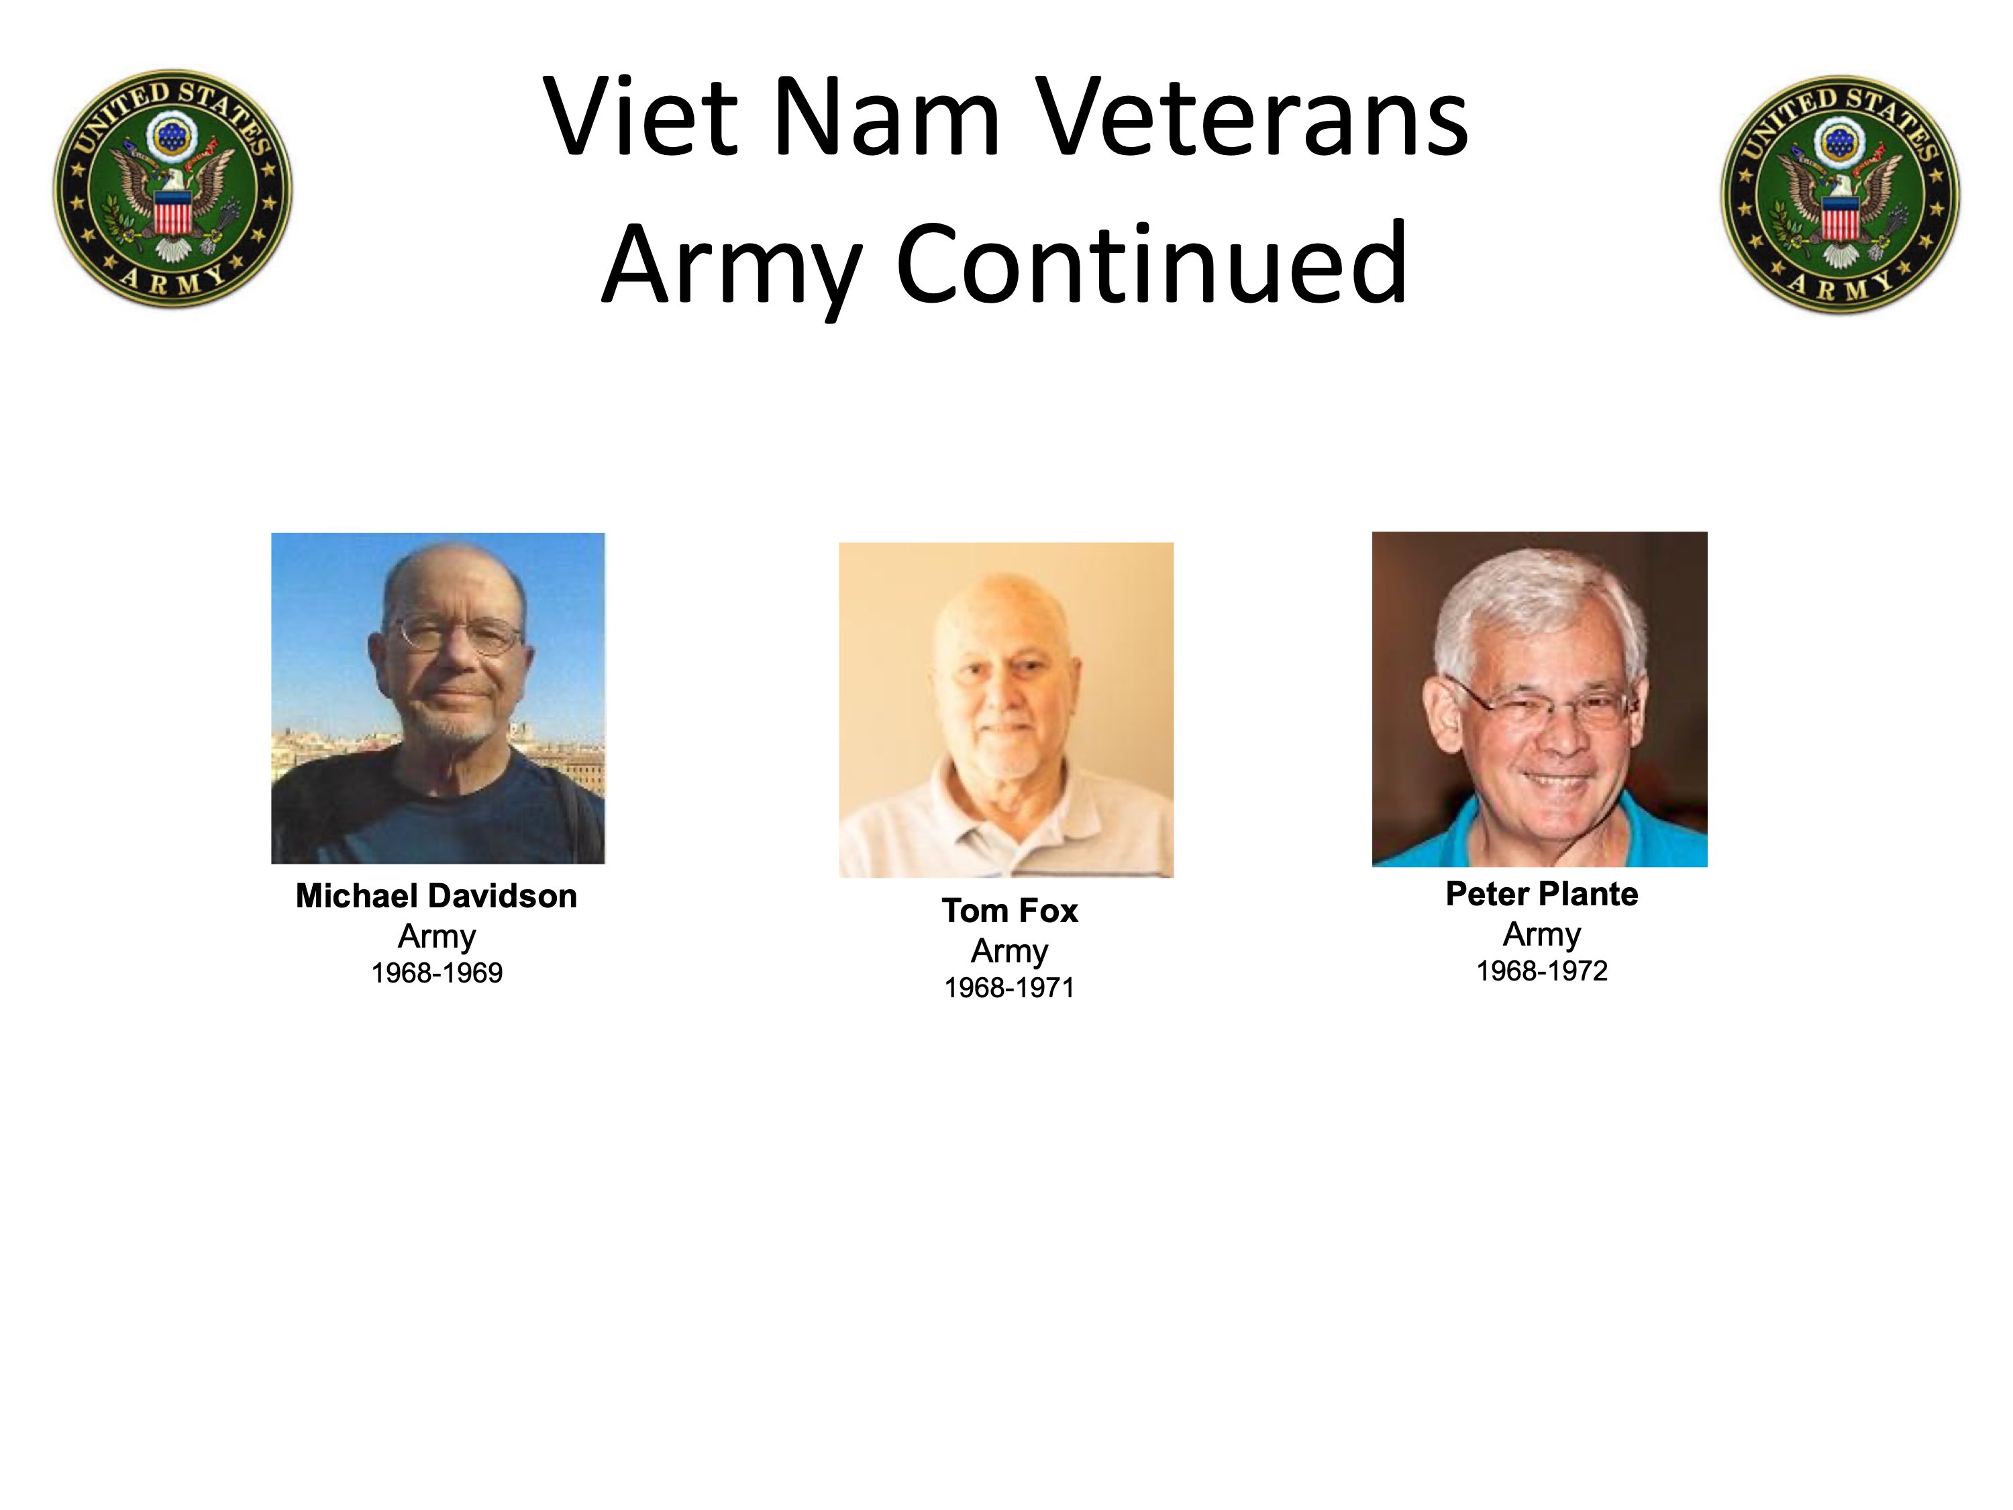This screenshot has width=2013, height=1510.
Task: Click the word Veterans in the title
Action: pos(1253,117)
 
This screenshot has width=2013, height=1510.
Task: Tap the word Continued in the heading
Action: pos(1152,264)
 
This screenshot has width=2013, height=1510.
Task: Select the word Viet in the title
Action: pos(639,117)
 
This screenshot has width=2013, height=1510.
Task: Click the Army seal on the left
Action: pos(173,189)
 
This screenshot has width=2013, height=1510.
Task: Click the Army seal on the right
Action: pos(1840,194)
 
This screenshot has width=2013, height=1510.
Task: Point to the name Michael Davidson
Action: pos(437,897)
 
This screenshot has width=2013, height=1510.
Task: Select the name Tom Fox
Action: pos(1009,911)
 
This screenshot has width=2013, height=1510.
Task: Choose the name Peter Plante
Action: pos(1541,895)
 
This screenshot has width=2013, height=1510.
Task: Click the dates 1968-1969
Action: pos(437,973)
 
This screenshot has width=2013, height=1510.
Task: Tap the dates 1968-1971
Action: pos(1009,988)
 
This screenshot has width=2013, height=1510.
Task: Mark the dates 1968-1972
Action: pos(1541,971)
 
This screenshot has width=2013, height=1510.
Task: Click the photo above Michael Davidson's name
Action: pos(437,698)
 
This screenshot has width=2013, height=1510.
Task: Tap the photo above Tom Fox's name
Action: pos(1007,710)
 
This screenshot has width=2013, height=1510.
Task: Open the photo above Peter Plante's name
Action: pos(1540,699)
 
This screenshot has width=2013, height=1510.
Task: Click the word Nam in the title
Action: pos(886,117)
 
